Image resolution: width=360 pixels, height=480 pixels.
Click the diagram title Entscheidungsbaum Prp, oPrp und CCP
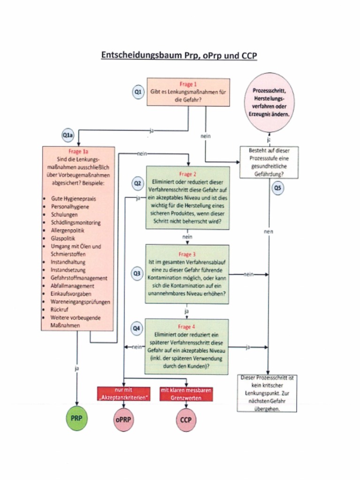[x=180, y=55]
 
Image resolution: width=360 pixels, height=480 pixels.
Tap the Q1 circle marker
[x=138, y=93]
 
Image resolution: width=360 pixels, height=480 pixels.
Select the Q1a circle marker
[x=67, y=135]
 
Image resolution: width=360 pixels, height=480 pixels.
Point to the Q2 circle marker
[x=137, y=184]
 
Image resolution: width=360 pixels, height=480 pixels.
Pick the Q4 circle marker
[x=136, y=329]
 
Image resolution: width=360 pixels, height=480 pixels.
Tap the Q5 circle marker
[x=278, y=188]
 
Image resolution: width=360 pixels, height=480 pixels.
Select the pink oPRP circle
[x=123, y=420]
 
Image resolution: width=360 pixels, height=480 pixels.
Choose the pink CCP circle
[x=186, y=420]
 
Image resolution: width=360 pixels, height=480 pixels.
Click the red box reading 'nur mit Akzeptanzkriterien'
[x=124, y=394]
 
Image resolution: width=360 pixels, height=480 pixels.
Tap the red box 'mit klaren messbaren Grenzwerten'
[x=186, y=394]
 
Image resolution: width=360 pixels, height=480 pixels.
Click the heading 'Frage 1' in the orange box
[x=188, y=84]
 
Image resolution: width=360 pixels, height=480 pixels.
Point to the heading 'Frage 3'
[x=187, y=255]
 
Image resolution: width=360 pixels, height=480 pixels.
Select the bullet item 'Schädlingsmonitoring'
[x=75, y=223]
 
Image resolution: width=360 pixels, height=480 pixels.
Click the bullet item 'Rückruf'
[x=60, y=310]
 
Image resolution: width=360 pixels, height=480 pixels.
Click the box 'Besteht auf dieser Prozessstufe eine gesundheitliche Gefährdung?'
[x=269, y=162]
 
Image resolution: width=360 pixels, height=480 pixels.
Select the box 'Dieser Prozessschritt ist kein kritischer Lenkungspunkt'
[x=267, y=393]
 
